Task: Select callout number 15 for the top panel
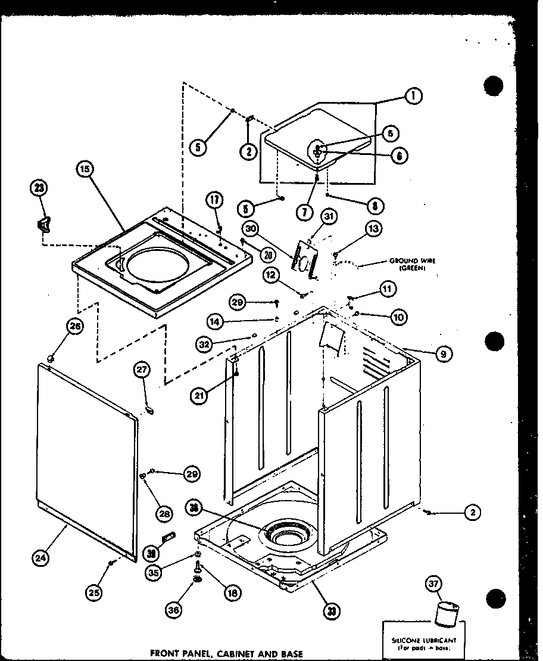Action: point(85,170)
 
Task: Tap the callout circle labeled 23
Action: point(39,188)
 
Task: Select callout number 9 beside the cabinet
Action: point(442,354)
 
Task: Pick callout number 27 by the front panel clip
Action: point(141,371)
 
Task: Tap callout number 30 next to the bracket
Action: point(250,228)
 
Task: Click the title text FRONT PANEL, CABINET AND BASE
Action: point(227,653)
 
